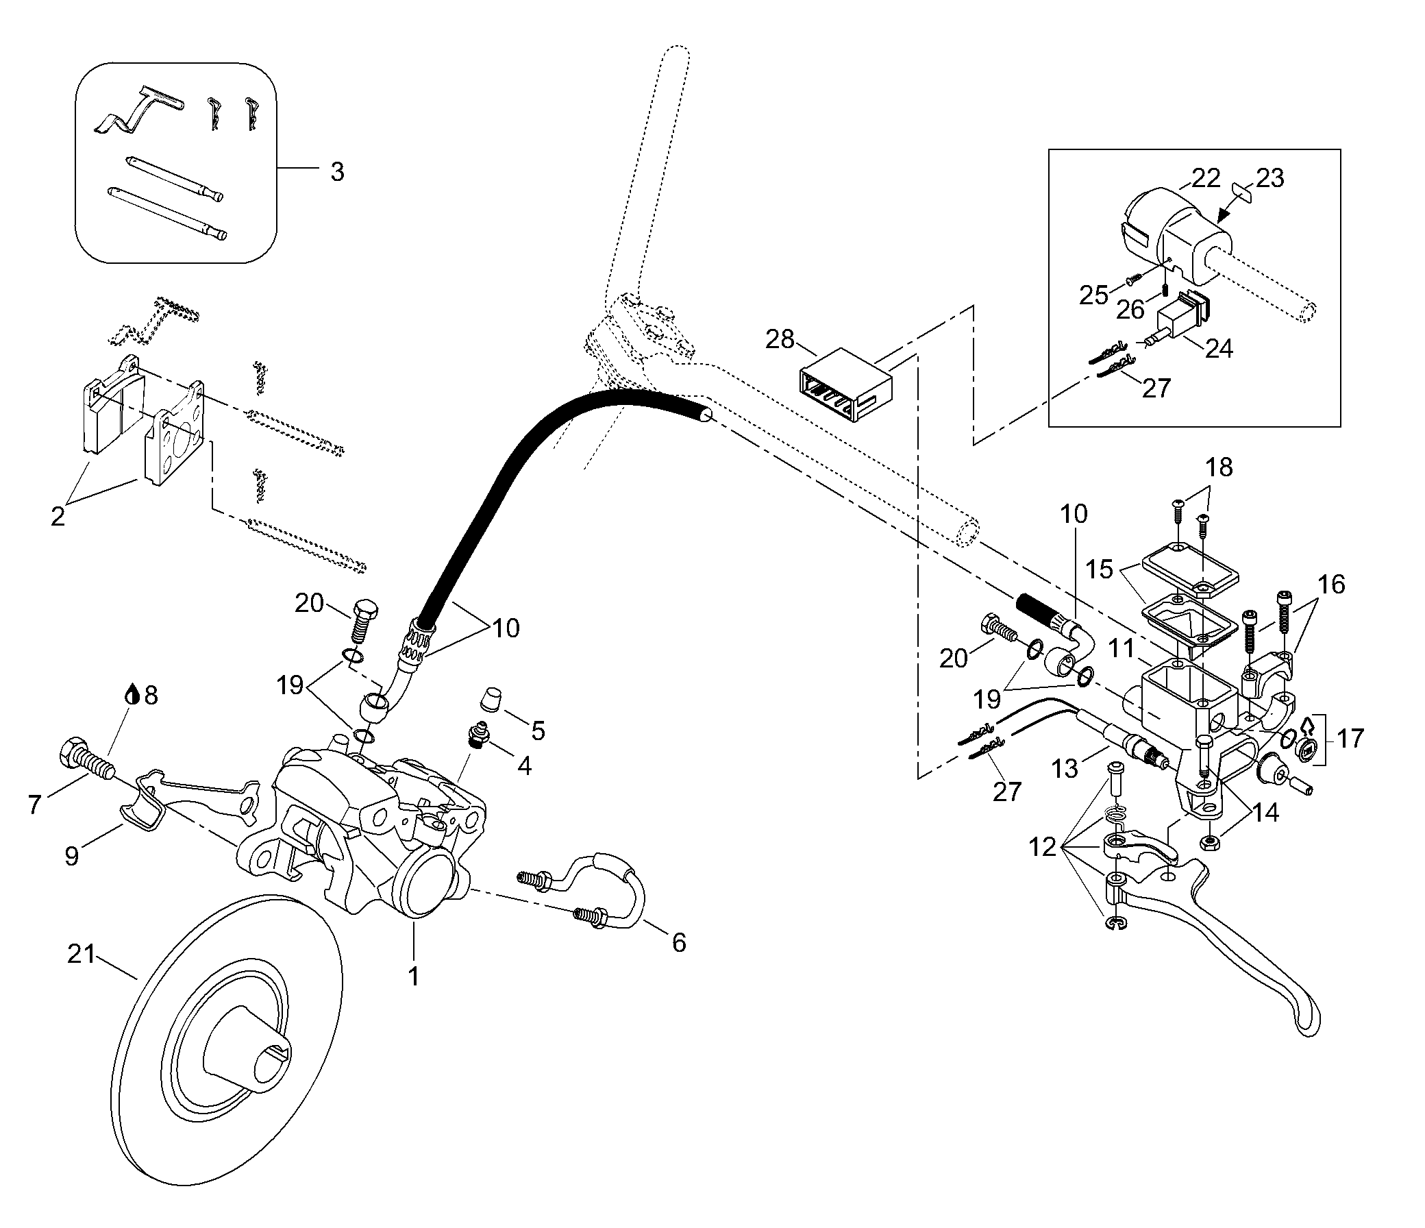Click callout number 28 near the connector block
point(780,339)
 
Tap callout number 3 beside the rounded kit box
point(336,171)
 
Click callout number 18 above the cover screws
point(1219,468)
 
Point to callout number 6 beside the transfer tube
point(678,942)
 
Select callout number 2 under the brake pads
point(58,515)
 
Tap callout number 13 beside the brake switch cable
point(1065,768)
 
